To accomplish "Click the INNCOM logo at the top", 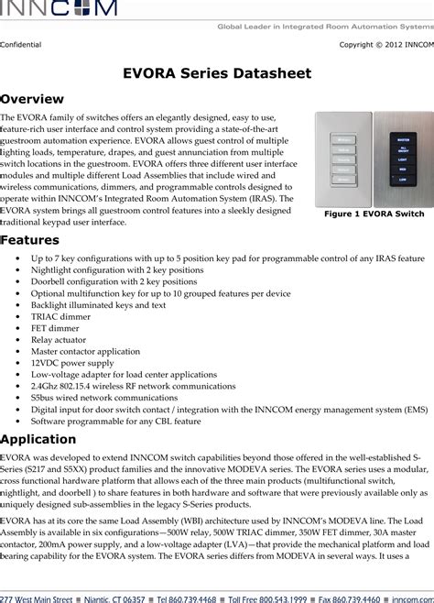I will [59, 9].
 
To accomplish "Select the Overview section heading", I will [32, 99].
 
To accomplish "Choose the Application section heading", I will [38, 439].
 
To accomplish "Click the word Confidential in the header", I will [20, 43].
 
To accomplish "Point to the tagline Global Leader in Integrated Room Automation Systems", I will [324, 27].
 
